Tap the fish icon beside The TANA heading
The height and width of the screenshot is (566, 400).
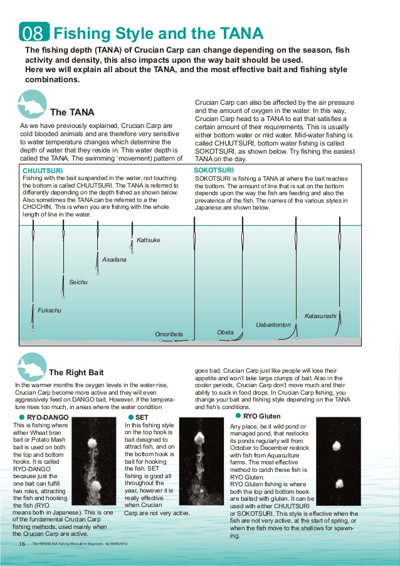[x=31, y=104]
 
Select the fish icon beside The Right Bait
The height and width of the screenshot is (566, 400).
[x=31, y=366]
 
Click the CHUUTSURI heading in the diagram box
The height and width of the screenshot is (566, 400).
[x=42, y=171]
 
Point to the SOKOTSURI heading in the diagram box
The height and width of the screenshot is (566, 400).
[x=214, y=170]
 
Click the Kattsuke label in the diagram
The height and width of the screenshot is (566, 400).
[x=148, y=240]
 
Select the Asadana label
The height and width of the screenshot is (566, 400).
[x=114, y=259]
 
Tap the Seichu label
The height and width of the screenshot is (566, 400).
[x=78, y=282]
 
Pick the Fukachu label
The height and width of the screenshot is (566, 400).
[x=50, y=310]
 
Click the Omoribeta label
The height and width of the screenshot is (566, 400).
[x=169, y=334]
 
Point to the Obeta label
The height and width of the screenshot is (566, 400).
[x=225, y=332]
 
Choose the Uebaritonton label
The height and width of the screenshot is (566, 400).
[x=273, y=324]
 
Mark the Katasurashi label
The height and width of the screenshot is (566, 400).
[x=320, y=315]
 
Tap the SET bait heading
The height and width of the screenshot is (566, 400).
[x=142, y=417]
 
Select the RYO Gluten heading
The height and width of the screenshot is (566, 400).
[x=261, y=415]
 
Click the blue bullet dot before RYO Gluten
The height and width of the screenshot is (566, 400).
[x=238, y=415]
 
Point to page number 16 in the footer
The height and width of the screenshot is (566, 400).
[x=22, y=543]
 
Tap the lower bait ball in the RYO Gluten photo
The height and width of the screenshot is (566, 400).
[x=339, y=484]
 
